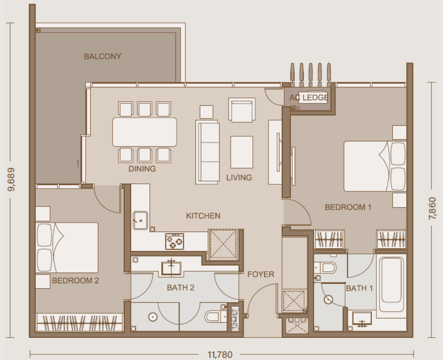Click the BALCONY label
103,56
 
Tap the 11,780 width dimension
220,355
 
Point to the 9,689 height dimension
11,179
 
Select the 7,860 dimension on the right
432,208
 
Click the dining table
145,132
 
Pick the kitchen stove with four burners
175,241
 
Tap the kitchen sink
140,220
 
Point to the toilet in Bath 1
325,268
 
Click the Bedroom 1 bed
375,166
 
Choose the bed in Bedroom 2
67,248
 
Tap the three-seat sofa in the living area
208,152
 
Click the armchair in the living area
242,110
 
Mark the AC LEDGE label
309,97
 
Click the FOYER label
261,274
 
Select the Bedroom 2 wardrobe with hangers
80,322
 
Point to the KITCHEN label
203,216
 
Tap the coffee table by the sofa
242,152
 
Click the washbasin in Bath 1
362,319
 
